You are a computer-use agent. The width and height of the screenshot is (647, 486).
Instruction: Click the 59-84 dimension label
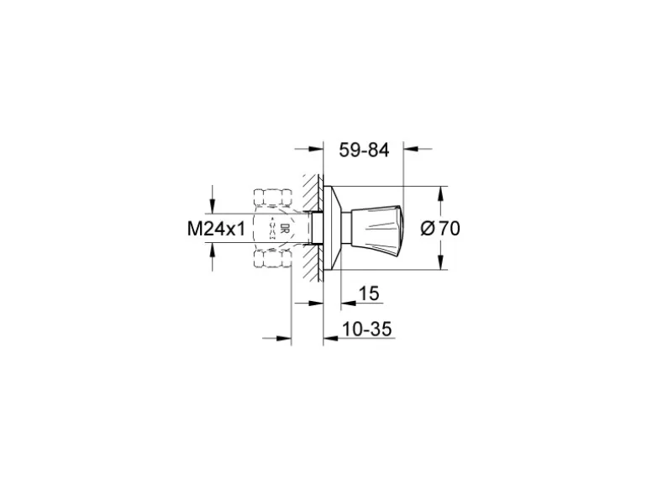point(365,151)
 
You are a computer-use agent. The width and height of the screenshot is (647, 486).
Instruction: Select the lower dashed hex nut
point(272,256)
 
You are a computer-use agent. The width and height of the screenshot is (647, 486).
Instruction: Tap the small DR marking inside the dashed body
point(285,228)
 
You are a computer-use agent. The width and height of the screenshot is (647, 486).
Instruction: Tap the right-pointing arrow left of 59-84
point(318,151)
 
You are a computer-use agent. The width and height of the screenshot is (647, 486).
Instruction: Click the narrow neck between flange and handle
point(355,227)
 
